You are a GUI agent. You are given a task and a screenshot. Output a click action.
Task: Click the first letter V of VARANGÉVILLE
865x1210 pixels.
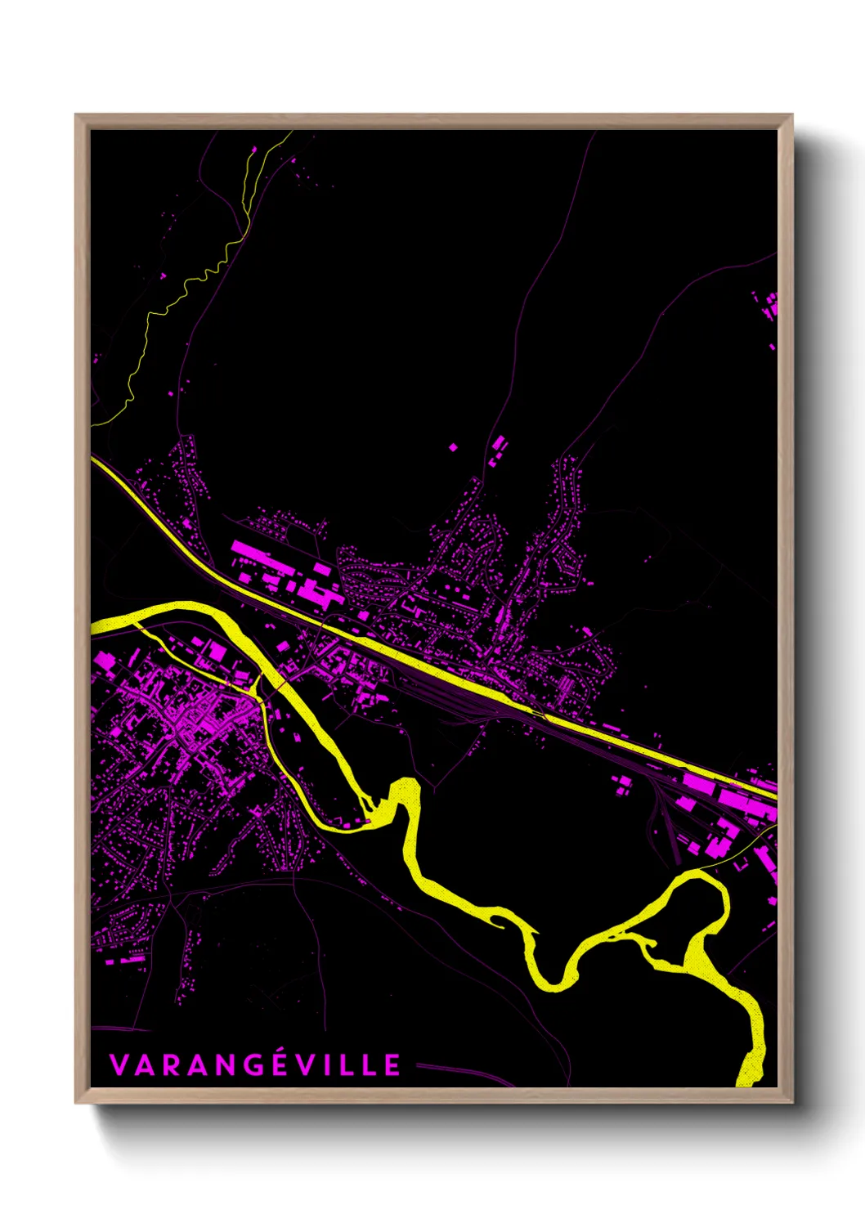click(x=118, y=1065)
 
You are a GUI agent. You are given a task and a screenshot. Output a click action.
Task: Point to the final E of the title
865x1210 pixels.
click(x=392, y=1065)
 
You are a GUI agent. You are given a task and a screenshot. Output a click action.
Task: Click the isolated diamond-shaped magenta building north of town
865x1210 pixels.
click(x=453, y=447)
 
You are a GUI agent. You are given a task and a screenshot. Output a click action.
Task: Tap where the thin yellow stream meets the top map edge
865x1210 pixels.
click(x=289, y=132)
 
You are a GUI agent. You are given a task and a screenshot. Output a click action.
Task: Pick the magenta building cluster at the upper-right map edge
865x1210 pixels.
click(x=769, y=307)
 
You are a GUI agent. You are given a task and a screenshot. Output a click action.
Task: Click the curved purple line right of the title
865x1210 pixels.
click(x=466, y=1070)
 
